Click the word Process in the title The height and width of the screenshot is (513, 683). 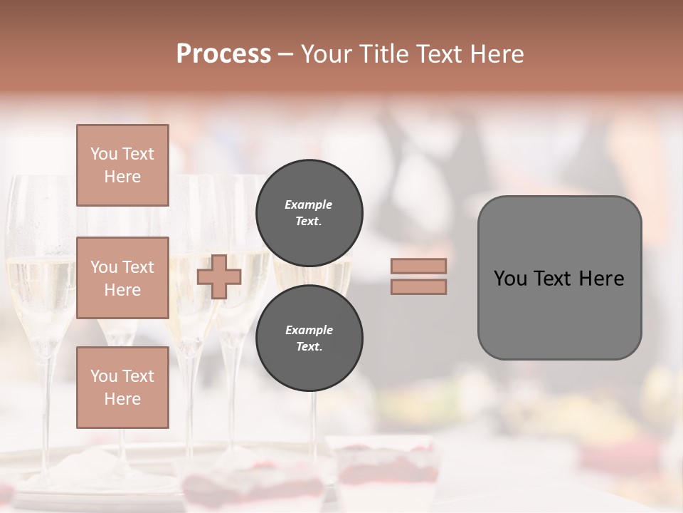pos(223,54)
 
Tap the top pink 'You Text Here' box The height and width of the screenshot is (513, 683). pos(122,165)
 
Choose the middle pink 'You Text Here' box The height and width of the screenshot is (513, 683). pos(122,278)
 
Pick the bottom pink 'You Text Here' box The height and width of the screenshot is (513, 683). pos(122,388)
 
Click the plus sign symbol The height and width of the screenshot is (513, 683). pos(218,277)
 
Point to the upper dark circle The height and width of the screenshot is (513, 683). pos(309,213)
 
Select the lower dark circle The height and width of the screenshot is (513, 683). pos(309,338)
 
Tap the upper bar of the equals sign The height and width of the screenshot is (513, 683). pos(418,266)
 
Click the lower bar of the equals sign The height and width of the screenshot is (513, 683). pos(418,287)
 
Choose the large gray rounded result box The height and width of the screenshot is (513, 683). pos(559,278)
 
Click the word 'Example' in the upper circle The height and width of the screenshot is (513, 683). pos(309,204)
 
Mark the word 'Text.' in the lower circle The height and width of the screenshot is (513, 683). pos(309,347)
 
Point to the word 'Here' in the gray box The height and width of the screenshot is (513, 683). pos(601,279)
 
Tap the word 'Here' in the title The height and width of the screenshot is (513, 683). pos(497,54)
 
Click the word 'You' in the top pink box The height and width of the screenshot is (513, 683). pos(104,154)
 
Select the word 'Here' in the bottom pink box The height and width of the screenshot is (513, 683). pos(122,399)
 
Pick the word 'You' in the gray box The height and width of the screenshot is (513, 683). pos(510,279)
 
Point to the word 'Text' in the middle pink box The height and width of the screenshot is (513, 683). pos(138,267)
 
